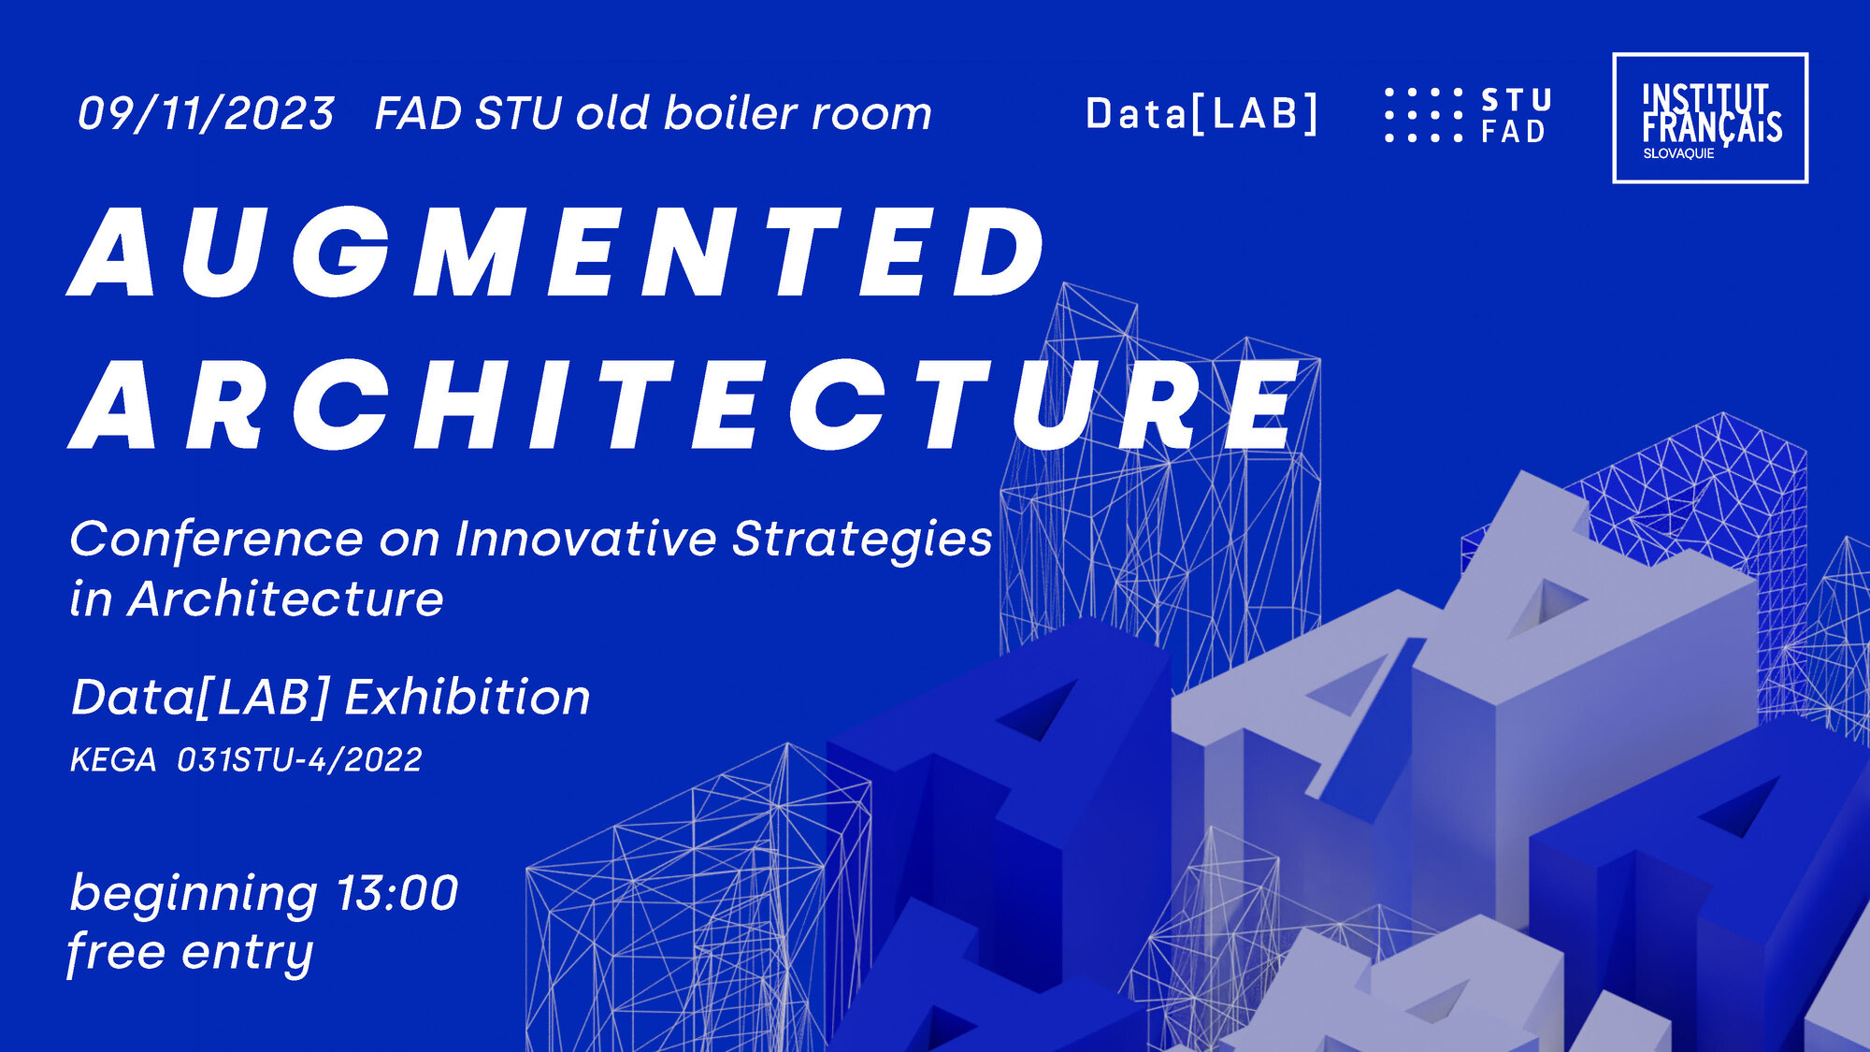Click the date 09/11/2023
[206, 114]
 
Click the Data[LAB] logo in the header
[1201, 114]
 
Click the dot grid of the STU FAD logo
[1423, 115]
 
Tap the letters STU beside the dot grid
[1517, 100]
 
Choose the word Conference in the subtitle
[216, 540]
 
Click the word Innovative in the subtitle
[586, 540]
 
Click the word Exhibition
[468, 698]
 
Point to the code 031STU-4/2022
[299, 760]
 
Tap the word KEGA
[113, 760]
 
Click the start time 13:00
[396, 893]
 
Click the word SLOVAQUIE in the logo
[1678, 153]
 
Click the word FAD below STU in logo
[1514, 132]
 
